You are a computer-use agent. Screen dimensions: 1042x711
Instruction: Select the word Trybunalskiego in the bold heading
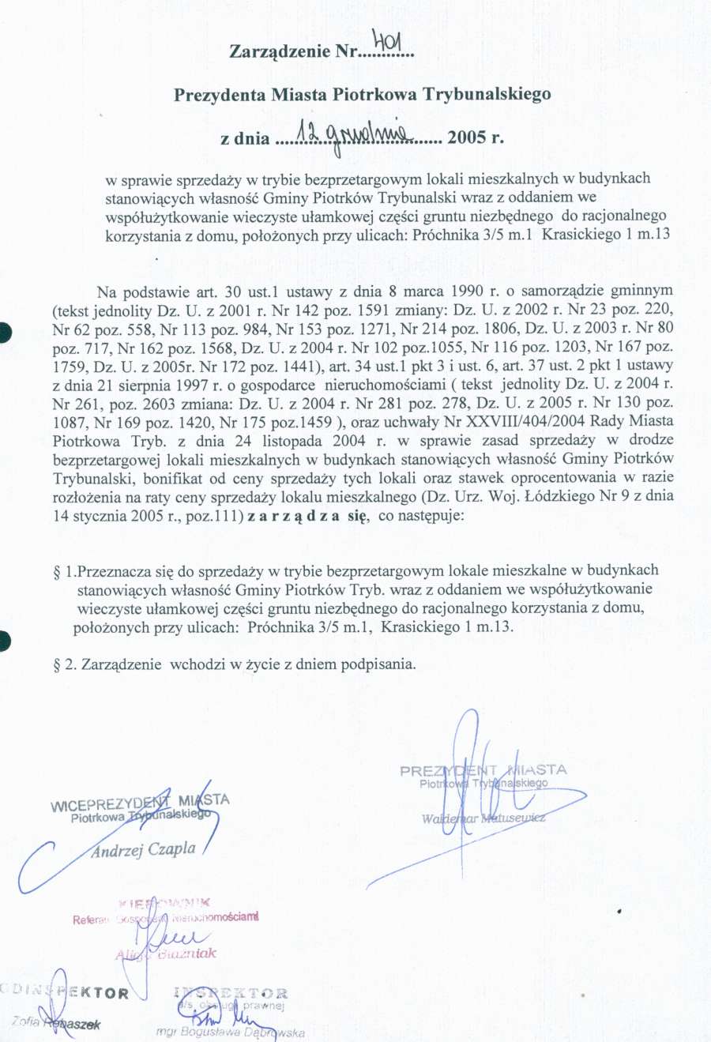coord(487,95)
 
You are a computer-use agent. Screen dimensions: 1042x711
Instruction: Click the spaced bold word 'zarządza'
coord(295,516)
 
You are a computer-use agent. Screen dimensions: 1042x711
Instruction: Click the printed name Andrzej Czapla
coord(143,850)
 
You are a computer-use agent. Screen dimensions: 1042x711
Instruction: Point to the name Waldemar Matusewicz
coord(483,818)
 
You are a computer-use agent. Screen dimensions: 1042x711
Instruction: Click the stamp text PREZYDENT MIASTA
coord(483,770)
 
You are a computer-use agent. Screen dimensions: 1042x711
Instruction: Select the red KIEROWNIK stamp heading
coord(165,903)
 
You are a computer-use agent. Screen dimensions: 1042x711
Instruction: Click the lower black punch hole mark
coord(6,641)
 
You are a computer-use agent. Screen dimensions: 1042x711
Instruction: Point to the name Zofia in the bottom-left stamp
coord(26,1023)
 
